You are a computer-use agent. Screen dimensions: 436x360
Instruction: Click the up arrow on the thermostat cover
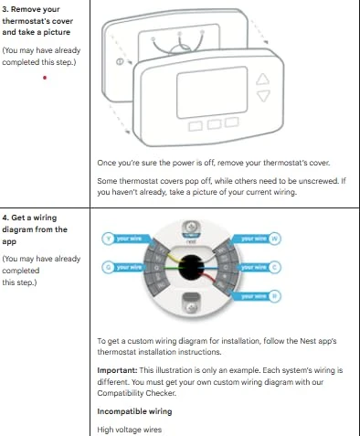[264, 80]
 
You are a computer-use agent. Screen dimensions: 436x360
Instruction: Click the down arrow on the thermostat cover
[264, 95]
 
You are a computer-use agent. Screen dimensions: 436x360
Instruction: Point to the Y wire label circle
[107, 239]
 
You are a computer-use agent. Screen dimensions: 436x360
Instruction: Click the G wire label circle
[107, 267]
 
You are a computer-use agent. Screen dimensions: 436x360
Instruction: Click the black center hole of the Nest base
[191, 268]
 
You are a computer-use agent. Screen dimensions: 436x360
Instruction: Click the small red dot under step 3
[45, 78]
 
